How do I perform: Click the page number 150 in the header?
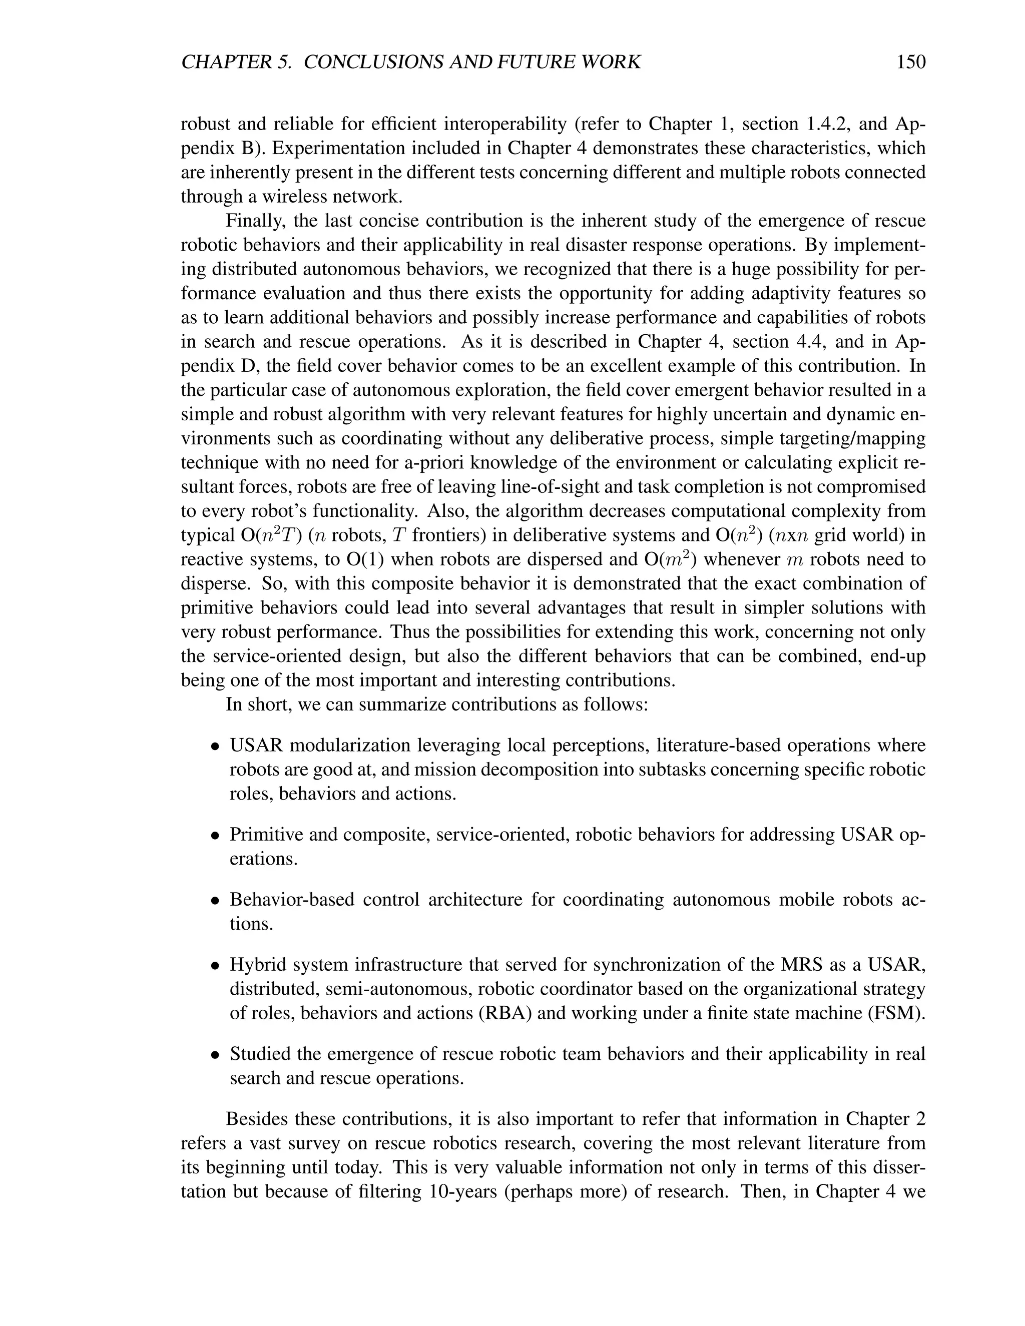tap(910, 63)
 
